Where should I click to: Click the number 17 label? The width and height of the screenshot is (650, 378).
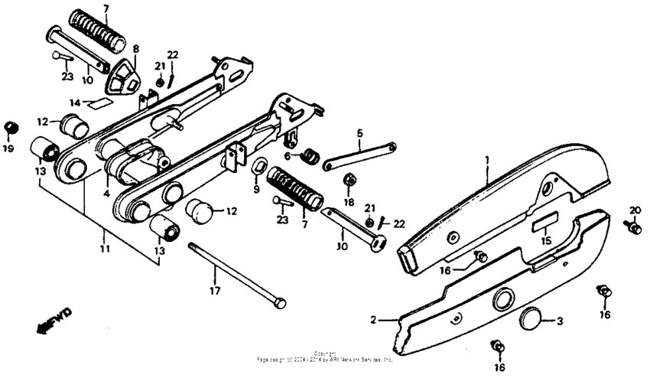[215, 291]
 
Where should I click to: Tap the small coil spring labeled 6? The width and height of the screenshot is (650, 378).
[310, 155]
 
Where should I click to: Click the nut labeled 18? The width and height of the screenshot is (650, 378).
[348, 180]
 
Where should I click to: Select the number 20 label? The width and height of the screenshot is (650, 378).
[634, 210]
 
